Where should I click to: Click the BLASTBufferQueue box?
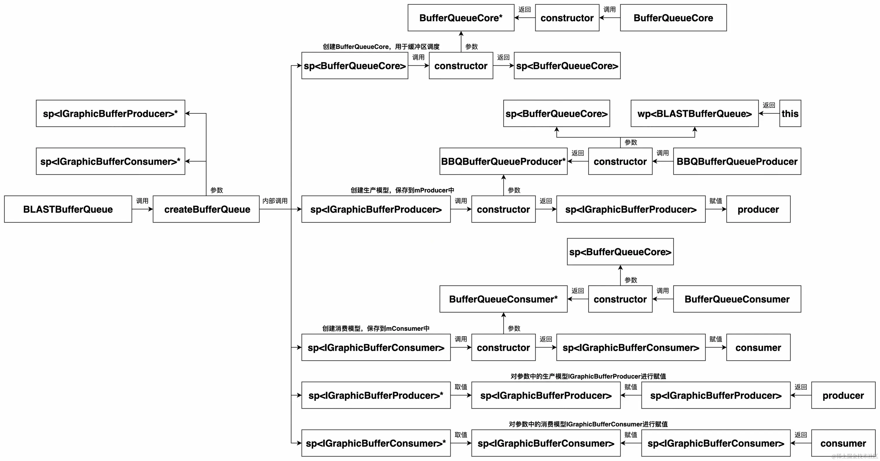pyautogui.click(x=68, y=209)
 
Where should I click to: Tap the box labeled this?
pyautogui.click(x=790, y=114)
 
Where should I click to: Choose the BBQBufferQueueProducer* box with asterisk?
pyautogui.click(x=503, y=161)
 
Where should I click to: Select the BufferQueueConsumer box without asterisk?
pyautogui.click(x=737, y=299)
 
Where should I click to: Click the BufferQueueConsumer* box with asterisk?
pyautogui.click(x=503, y=299)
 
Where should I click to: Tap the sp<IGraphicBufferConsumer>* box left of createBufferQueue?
pyautogui.click(x=110, y=161)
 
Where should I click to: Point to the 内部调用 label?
pyautogui.click(x=275, y=201)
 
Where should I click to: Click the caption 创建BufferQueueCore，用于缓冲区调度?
pyautogui.click(x=381, y=47)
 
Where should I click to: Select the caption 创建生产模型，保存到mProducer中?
pyautogui.click(x=402, y=190)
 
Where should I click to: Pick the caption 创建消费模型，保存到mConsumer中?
pyautogui.click(x=376, y=328)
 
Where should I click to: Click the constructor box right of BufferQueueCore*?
pyautogui.click(x=567, y=18)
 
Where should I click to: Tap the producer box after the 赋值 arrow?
pyautogui.click(x=758, y=209)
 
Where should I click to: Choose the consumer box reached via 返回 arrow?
pyautogui.click(x=843, y=443)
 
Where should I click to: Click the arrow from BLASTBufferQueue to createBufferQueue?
pyautogui.click(x=142, y=209)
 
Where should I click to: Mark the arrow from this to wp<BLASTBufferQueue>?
pyautogui.click(x=769, y=114)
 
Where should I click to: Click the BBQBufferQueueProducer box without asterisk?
pyautogui.click(x=737, y=161)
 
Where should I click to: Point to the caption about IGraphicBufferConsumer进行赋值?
pyautogui.click(x=588, y=424)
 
